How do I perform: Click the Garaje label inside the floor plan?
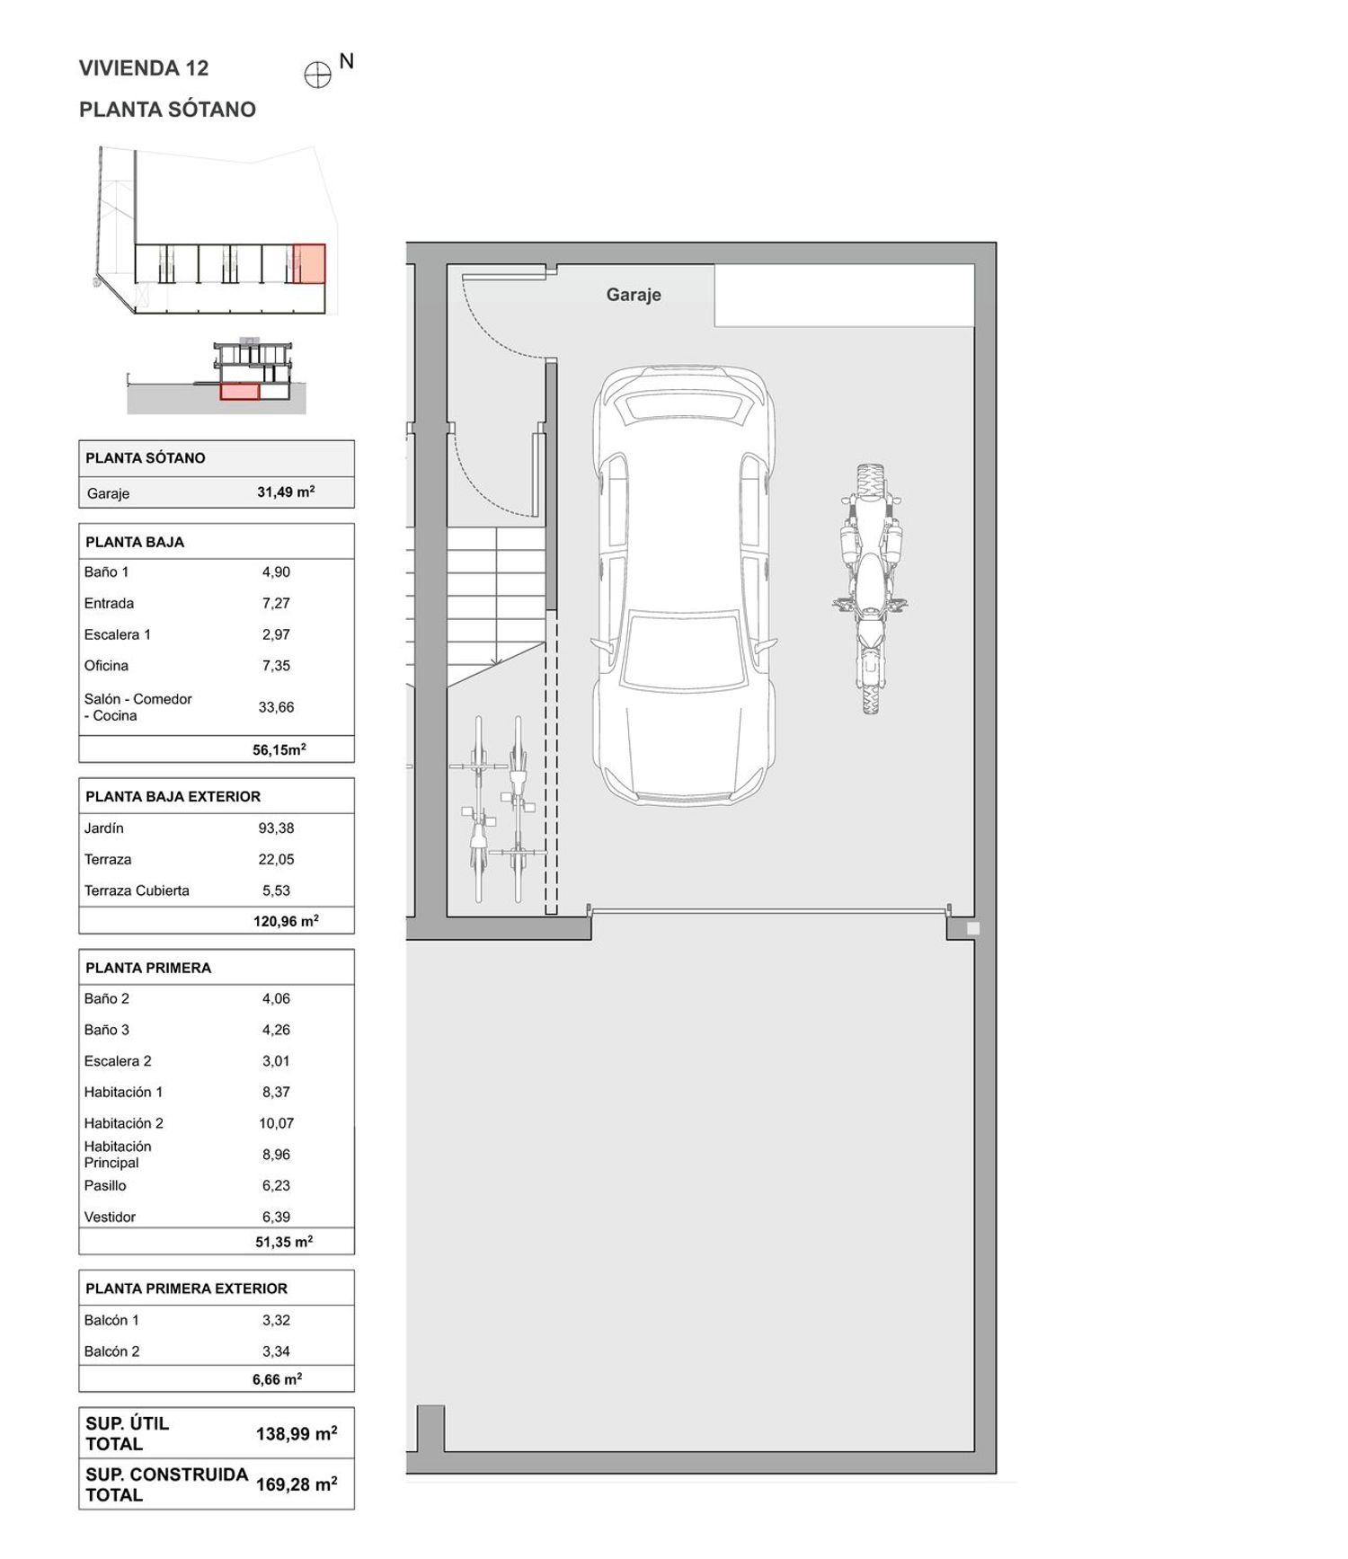[x=634, y=295]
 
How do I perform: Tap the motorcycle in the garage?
[x=868, y=589]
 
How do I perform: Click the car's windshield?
[x=684, y=651]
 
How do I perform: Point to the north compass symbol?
[x=318, y=75]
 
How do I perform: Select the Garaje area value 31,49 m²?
[x=286, y=492]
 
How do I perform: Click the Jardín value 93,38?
[x=276, y=828]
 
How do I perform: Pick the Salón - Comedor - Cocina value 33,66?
[x=276, y=707]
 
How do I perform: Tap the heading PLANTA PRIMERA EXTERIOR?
[x=186, y=1289]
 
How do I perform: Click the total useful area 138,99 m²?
[x=297, y=1433]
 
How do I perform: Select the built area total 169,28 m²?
[x=297, y=1484]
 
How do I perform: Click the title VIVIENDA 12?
[x=144, y=68]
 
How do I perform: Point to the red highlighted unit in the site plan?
[x=309, y=263]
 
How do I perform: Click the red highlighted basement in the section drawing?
[x=240, y=391]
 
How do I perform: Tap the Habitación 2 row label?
[x=124, y=1123]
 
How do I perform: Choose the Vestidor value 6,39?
[x=276, y=1217]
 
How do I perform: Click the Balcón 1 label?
[x=111, y=1320]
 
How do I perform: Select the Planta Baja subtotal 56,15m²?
[x=279, y=749]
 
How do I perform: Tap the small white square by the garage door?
[x=972, y=928]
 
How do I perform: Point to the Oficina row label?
[x=106, y=666]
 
